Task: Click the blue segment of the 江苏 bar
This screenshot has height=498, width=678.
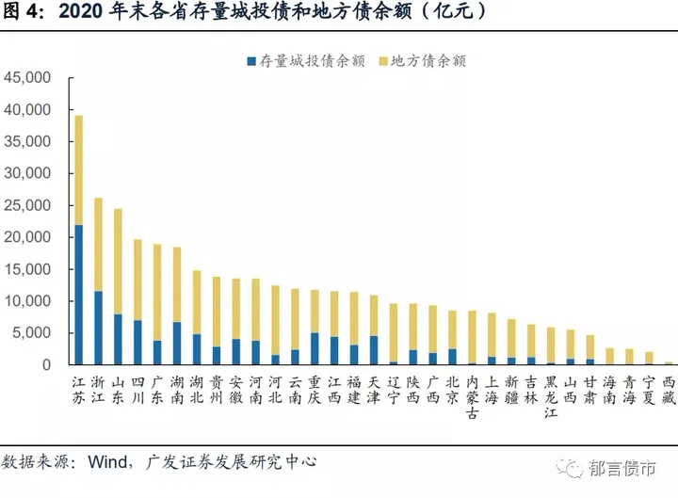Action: coord(79,294)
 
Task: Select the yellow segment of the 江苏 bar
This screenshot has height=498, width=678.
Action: coord(79,170)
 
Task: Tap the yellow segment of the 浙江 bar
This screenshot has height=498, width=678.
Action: coord(99,244)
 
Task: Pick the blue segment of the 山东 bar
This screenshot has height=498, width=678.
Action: coord(118,339)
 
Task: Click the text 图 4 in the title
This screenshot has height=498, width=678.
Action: coord(22,11)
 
